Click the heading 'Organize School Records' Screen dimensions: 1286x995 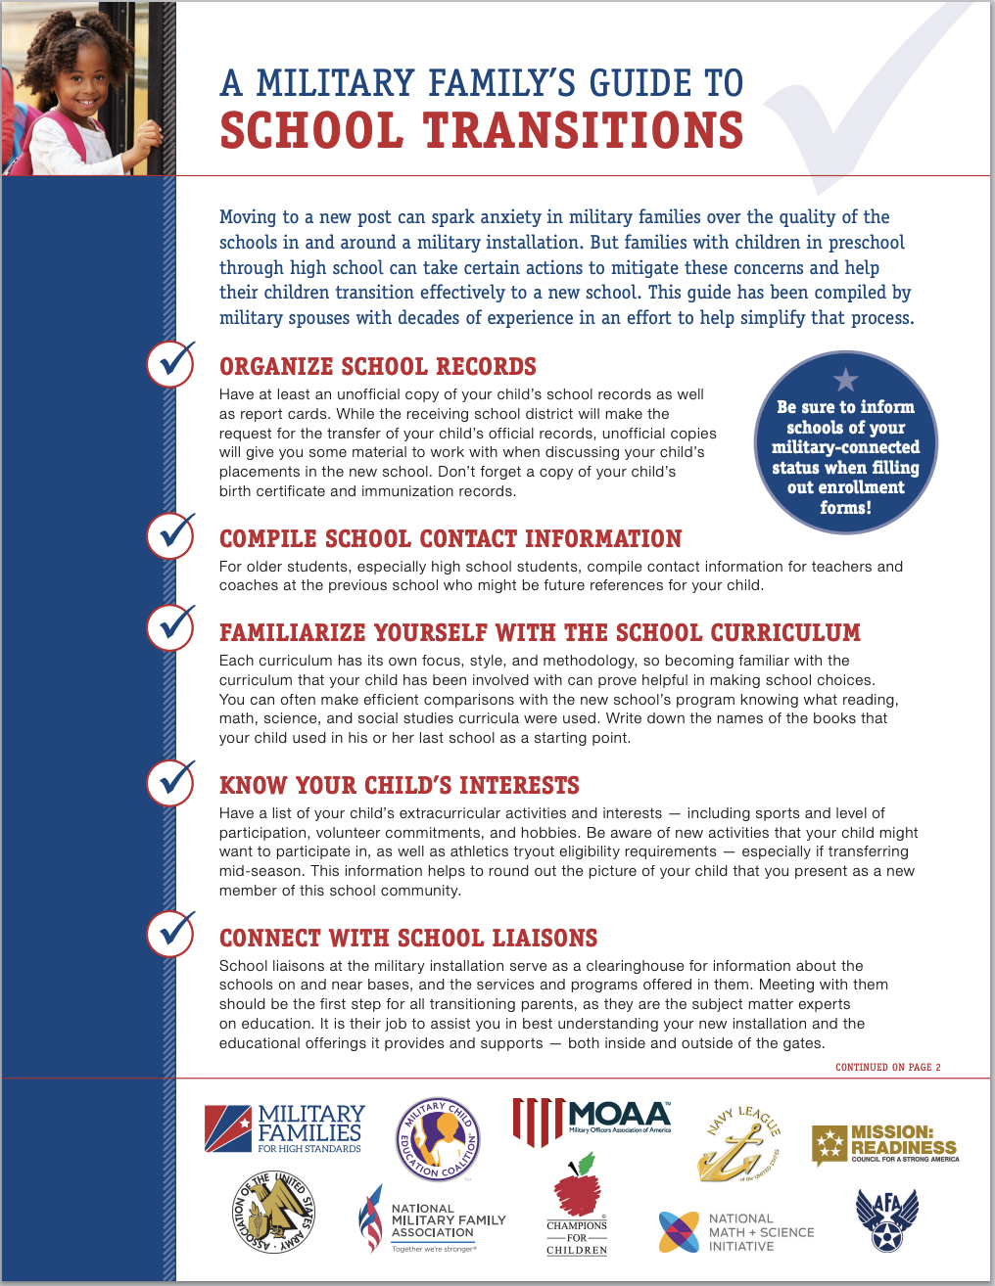377,367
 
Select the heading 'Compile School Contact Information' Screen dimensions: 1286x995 450,539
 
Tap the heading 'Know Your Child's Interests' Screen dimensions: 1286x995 399,786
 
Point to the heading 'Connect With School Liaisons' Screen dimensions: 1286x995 407,939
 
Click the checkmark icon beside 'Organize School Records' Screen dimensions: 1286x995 171,363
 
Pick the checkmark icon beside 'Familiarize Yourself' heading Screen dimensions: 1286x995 171,627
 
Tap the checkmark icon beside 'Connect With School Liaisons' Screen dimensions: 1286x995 171,933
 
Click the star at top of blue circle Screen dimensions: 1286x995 845,380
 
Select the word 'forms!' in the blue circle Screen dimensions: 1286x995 845,508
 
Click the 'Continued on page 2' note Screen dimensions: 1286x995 887,1067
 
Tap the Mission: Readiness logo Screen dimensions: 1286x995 884,1143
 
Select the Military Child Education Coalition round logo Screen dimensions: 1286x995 438,1139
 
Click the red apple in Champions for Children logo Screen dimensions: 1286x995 577,1190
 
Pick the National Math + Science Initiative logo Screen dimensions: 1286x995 735,1232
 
